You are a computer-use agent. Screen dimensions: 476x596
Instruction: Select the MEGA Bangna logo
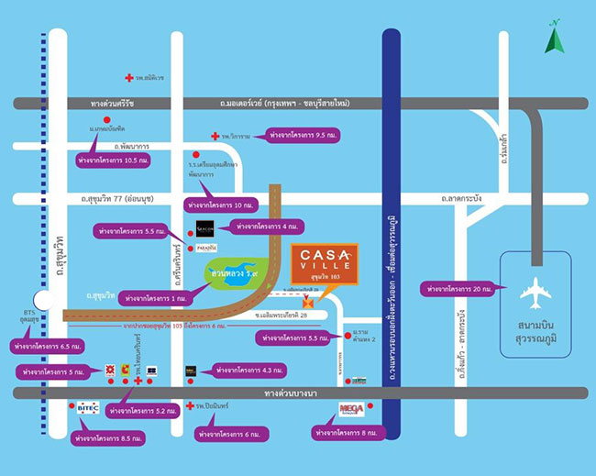click(351, 409)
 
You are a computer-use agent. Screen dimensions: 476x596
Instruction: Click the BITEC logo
click(88, 407)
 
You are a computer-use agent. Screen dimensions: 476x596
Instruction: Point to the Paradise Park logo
click(206, 248)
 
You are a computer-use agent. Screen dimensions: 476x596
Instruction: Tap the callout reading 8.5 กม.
click(108, 439)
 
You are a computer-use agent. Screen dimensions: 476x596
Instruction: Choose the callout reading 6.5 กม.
click(43, 348)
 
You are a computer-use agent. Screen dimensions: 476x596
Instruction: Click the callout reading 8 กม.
click(348, 431)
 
